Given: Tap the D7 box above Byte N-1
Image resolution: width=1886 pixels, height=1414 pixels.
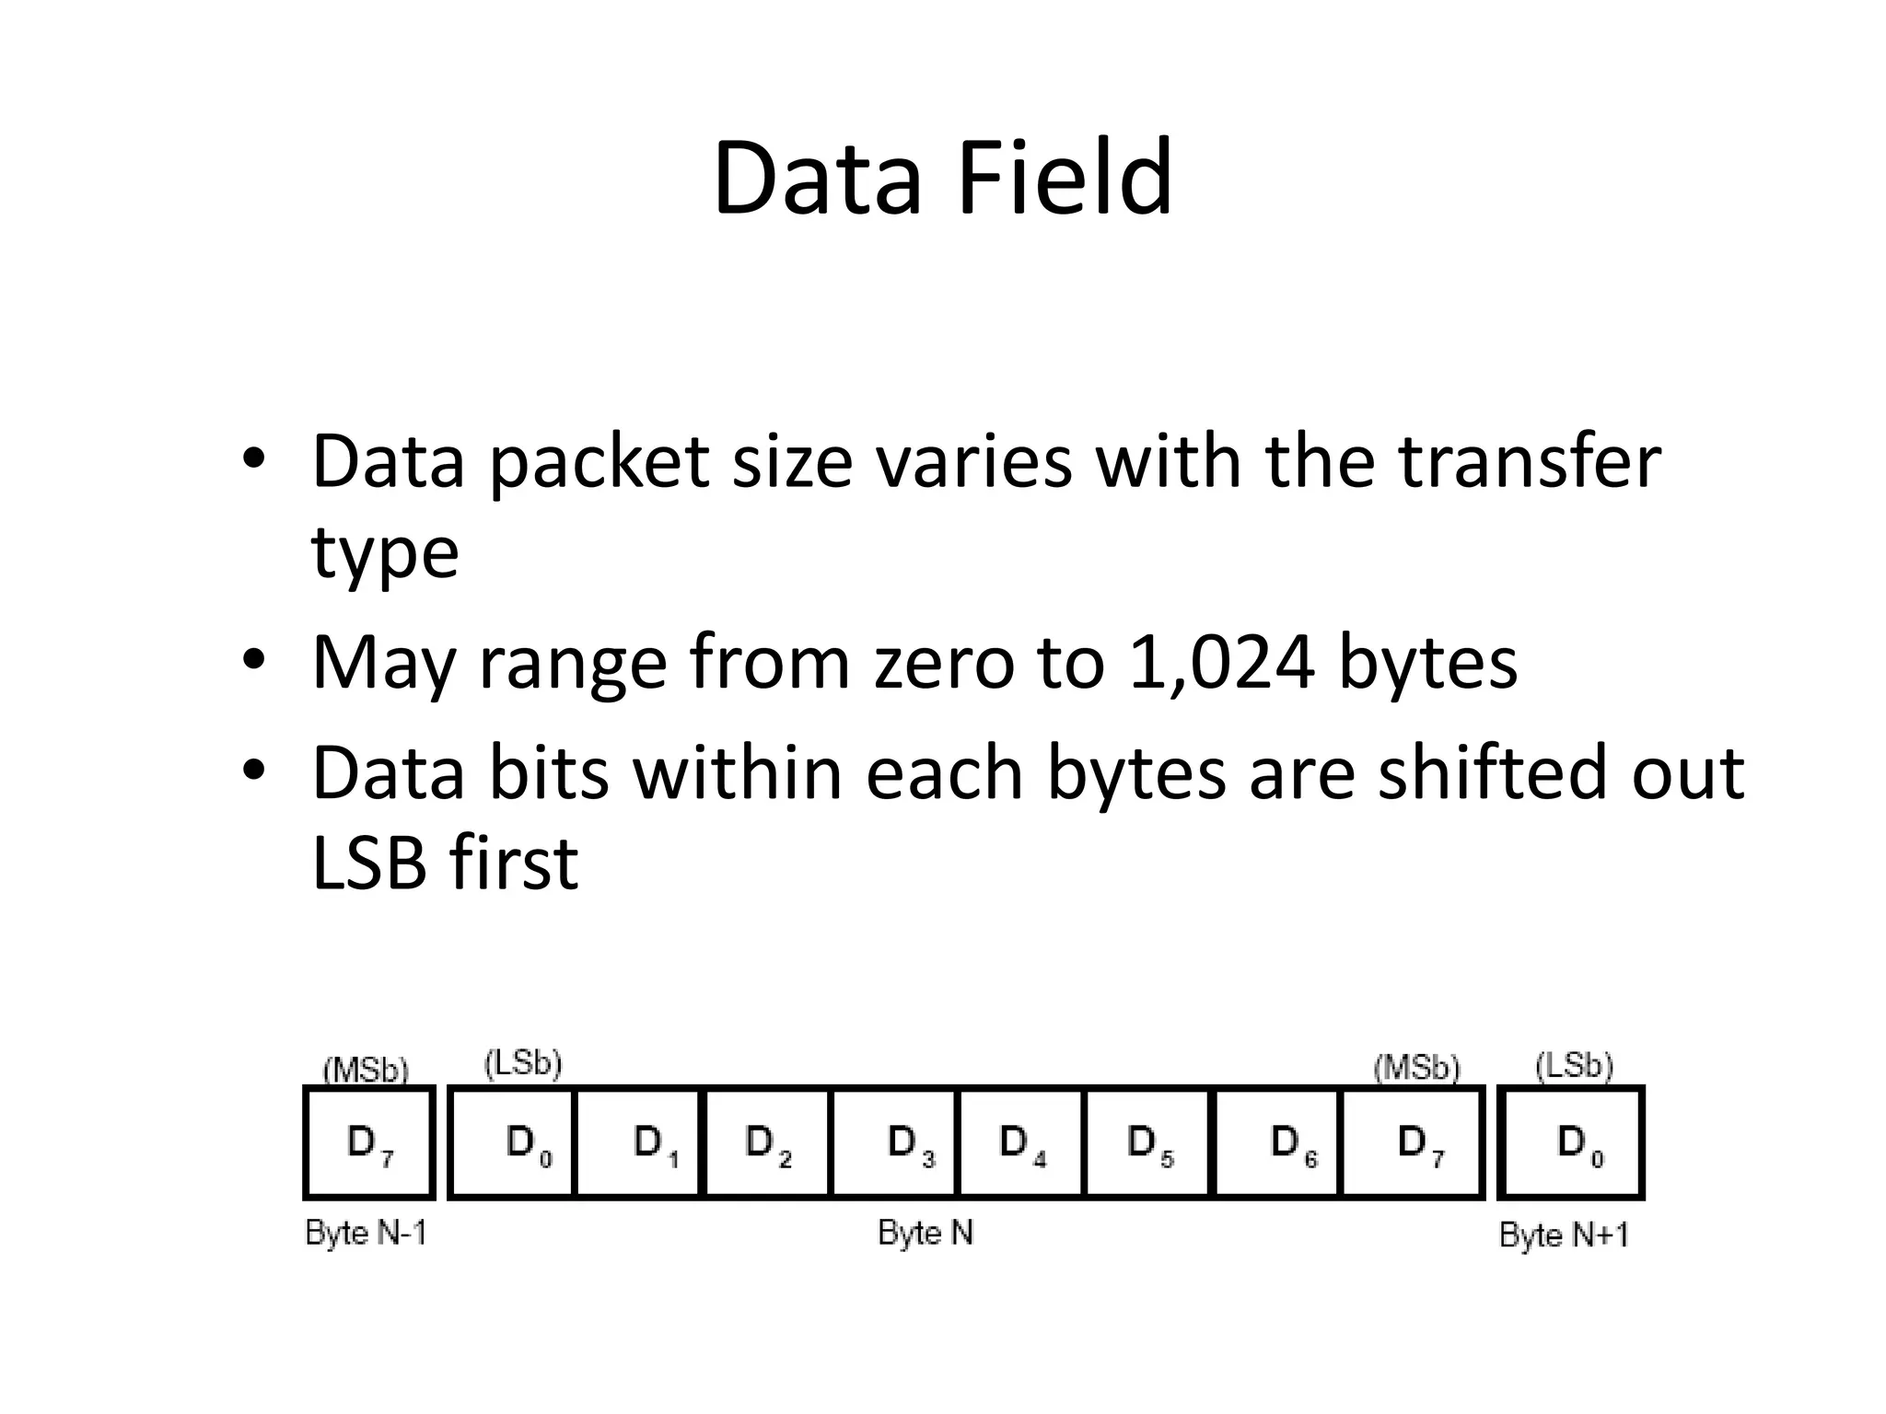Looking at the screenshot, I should (369, 1142).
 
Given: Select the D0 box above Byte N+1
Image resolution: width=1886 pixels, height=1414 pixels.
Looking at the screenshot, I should (1571, 1142).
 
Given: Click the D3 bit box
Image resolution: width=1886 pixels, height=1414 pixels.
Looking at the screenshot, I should (895, 1142).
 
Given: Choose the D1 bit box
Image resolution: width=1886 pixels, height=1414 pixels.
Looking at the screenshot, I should (638, 1142).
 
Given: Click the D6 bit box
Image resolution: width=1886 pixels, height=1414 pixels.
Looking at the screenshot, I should (1278, 1142).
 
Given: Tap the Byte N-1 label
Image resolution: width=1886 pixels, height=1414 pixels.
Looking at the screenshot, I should (367, 1233).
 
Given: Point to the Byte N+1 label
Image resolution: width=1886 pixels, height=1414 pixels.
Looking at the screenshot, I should (1564, 1234).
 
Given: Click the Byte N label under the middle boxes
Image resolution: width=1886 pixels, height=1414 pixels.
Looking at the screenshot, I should (926, 1233).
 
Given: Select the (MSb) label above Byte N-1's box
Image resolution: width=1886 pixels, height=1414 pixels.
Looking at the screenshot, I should (366, 1070).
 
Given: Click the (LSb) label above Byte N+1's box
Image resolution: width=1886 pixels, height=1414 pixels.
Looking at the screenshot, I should (1575, 1065).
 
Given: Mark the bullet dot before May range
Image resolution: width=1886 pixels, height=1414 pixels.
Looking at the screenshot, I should (254, 659).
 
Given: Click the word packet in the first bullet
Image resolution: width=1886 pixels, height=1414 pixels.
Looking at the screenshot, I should (599, 462).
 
